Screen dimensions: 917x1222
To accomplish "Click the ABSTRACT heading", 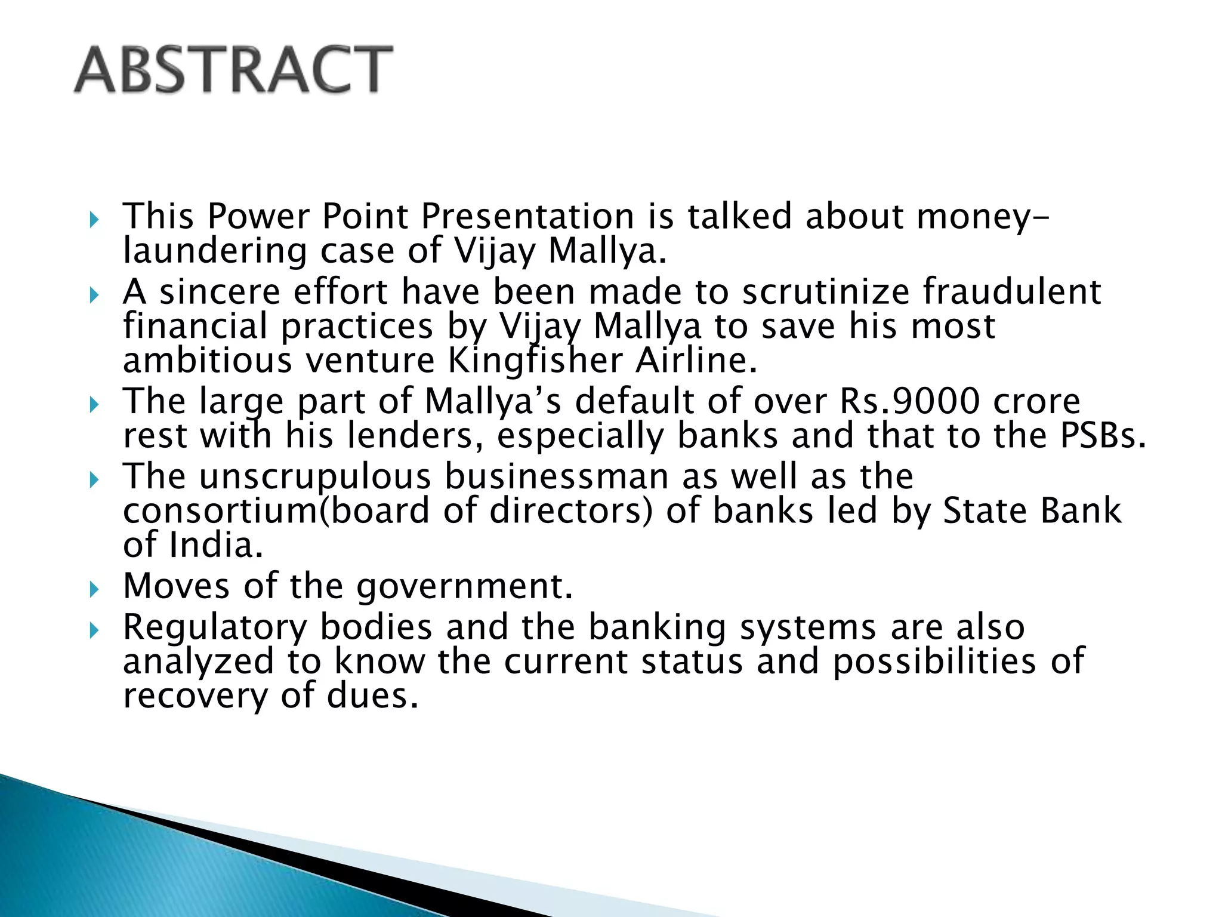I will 233,70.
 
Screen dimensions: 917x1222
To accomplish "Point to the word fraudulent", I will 1012,292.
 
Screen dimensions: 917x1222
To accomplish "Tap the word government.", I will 465,586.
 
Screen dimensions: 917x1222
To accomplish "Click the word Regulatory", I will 215,627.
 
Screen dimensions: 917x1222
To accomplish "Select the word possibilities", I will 934,661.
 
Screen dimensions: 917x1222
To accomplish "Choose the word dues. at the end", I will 372,696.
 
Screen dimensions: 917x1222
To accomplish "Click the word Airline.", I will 696,361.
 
